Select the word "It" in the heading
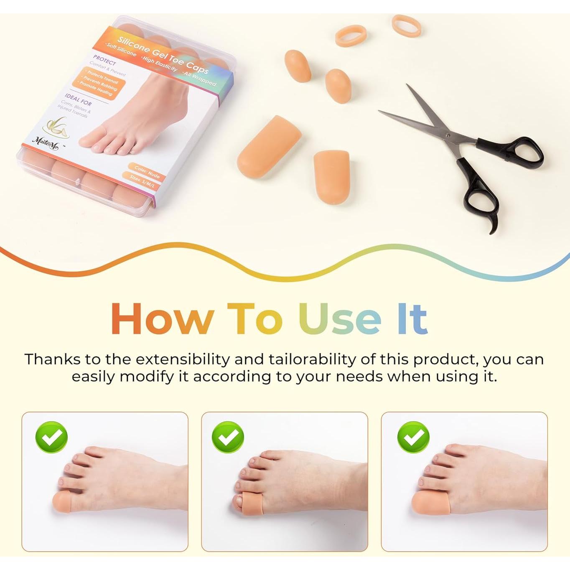point(412,318)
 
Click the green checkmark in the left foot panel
point(51,437)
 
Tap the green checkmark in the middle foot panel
point(228,437)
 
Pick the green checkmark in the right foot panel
point(413,437)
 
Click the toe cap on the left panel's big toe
point(62,501)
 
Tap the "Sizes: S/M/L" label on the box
point(145,180)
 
